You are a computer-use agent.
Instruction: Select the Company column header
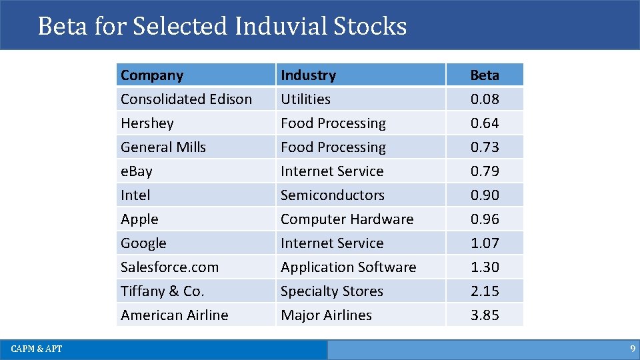pos(152,75)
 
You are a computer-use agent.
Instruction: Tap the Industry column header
pos(308,75)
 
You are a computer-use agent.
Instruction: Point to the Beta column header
pos(485,75)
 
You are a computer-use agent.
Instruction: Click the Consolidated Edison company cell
pos(186,99)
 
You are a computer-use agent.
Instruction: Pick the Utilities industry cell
pos(305,99)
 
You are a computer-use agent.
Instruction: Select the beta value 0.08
pos(485,99)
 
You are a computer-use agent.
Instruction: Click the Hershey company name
pos(147,123)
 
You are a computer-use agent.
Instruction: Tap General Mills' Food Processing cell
pos(333,147)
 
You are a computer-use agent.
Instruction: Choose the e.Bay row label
pos(137,171)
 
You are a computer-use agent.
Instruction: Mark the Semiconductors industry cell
pos(332,195)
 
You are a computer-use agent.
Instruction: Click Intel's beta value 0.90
pos(485,195)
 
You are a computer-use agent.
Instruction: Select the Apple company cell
pos(139,219)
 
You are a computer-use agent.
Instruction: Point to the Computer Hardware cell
pos(347,219)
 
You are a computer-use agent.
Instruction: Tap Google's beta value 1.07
pos(485,243)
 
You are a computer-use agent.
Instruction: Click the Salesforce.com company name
pos(169,267)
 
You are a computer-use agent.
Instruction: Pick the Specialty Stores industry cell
pos(331,291)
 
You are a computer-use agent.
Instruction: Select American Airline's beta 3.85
pos(485,315)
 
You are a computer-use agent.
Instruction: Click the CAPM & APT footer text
pos(37,349)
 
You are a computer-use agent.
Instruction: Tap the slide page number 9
pos(632,349)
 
